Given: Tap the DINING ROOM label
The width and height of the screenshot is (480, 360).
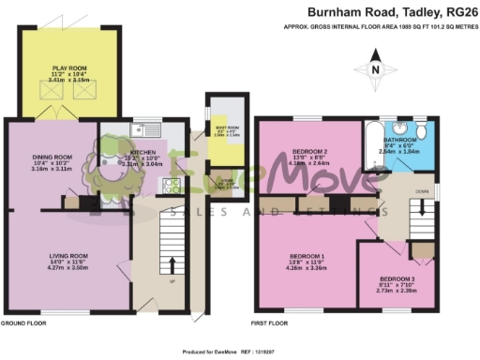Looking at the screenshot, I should coord(52,157).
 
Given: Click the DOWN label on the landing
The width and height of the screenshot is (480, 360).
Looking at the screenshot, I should coord(423,191).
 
